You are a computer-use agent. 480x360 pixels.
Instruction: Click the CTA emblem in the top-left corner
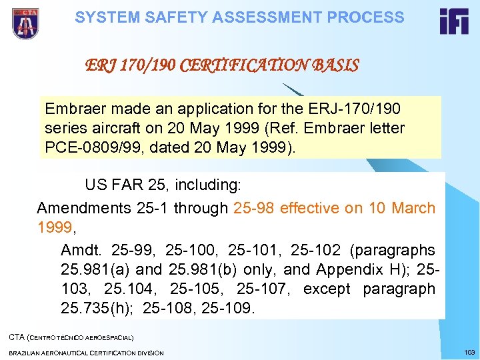25,23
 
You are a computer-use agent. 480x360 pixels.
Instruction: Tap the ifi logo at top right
453,21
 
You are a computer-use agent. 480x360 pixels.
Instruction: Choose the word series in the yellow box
65,127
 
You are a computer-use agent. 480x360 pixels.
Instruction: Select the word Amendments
83,208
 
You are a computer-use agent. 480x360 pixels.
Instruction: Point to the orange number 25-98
254,208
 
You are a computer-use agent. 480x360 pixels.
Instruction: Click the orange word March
413,208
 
